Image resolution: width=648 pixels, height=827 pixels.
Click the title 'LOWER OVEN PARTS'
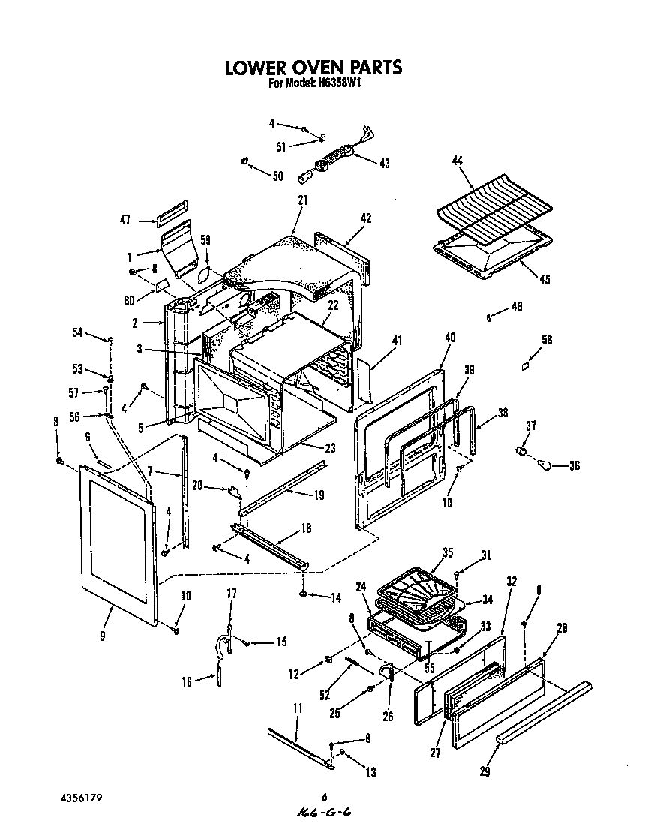[x=314, y=68]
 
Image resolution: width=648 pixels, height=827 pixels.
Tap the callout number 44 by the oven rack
[x=457, y=161]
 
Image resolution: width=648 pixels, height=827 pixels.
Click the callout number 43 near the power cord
[x=385, y=163]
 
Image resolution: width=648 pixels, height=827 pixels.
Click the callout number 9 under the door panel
[x=102, y=636]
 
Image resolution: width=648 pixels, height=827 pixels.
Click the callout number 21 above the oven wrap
[x=302, y=201]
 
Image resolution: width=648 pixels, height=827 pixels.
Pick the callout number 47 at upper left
[x=125, y=220]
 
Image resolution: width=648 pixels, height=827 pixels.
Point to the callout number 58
[x=546, y=340]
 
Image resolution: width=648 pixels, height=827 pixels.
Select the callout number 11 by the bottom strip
[x=297, y=708]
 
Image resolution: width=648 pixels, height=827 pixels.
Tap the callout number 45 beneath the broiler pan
[x=544, y=280]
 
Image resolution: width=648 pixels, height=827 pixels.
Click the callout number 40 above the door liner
[x=450, y=338]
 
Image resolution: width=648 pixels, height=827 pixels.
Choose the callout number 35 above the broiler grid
[x=448, y=553]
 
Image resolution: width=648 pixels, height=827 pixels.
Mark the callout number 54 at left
[x=77, y=333]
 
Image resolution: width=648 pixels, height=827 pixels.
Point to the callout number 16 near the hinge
[x=187, y=681]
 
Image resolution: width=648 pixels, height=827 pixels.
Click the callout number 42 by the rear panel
[x=366, y=218]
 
